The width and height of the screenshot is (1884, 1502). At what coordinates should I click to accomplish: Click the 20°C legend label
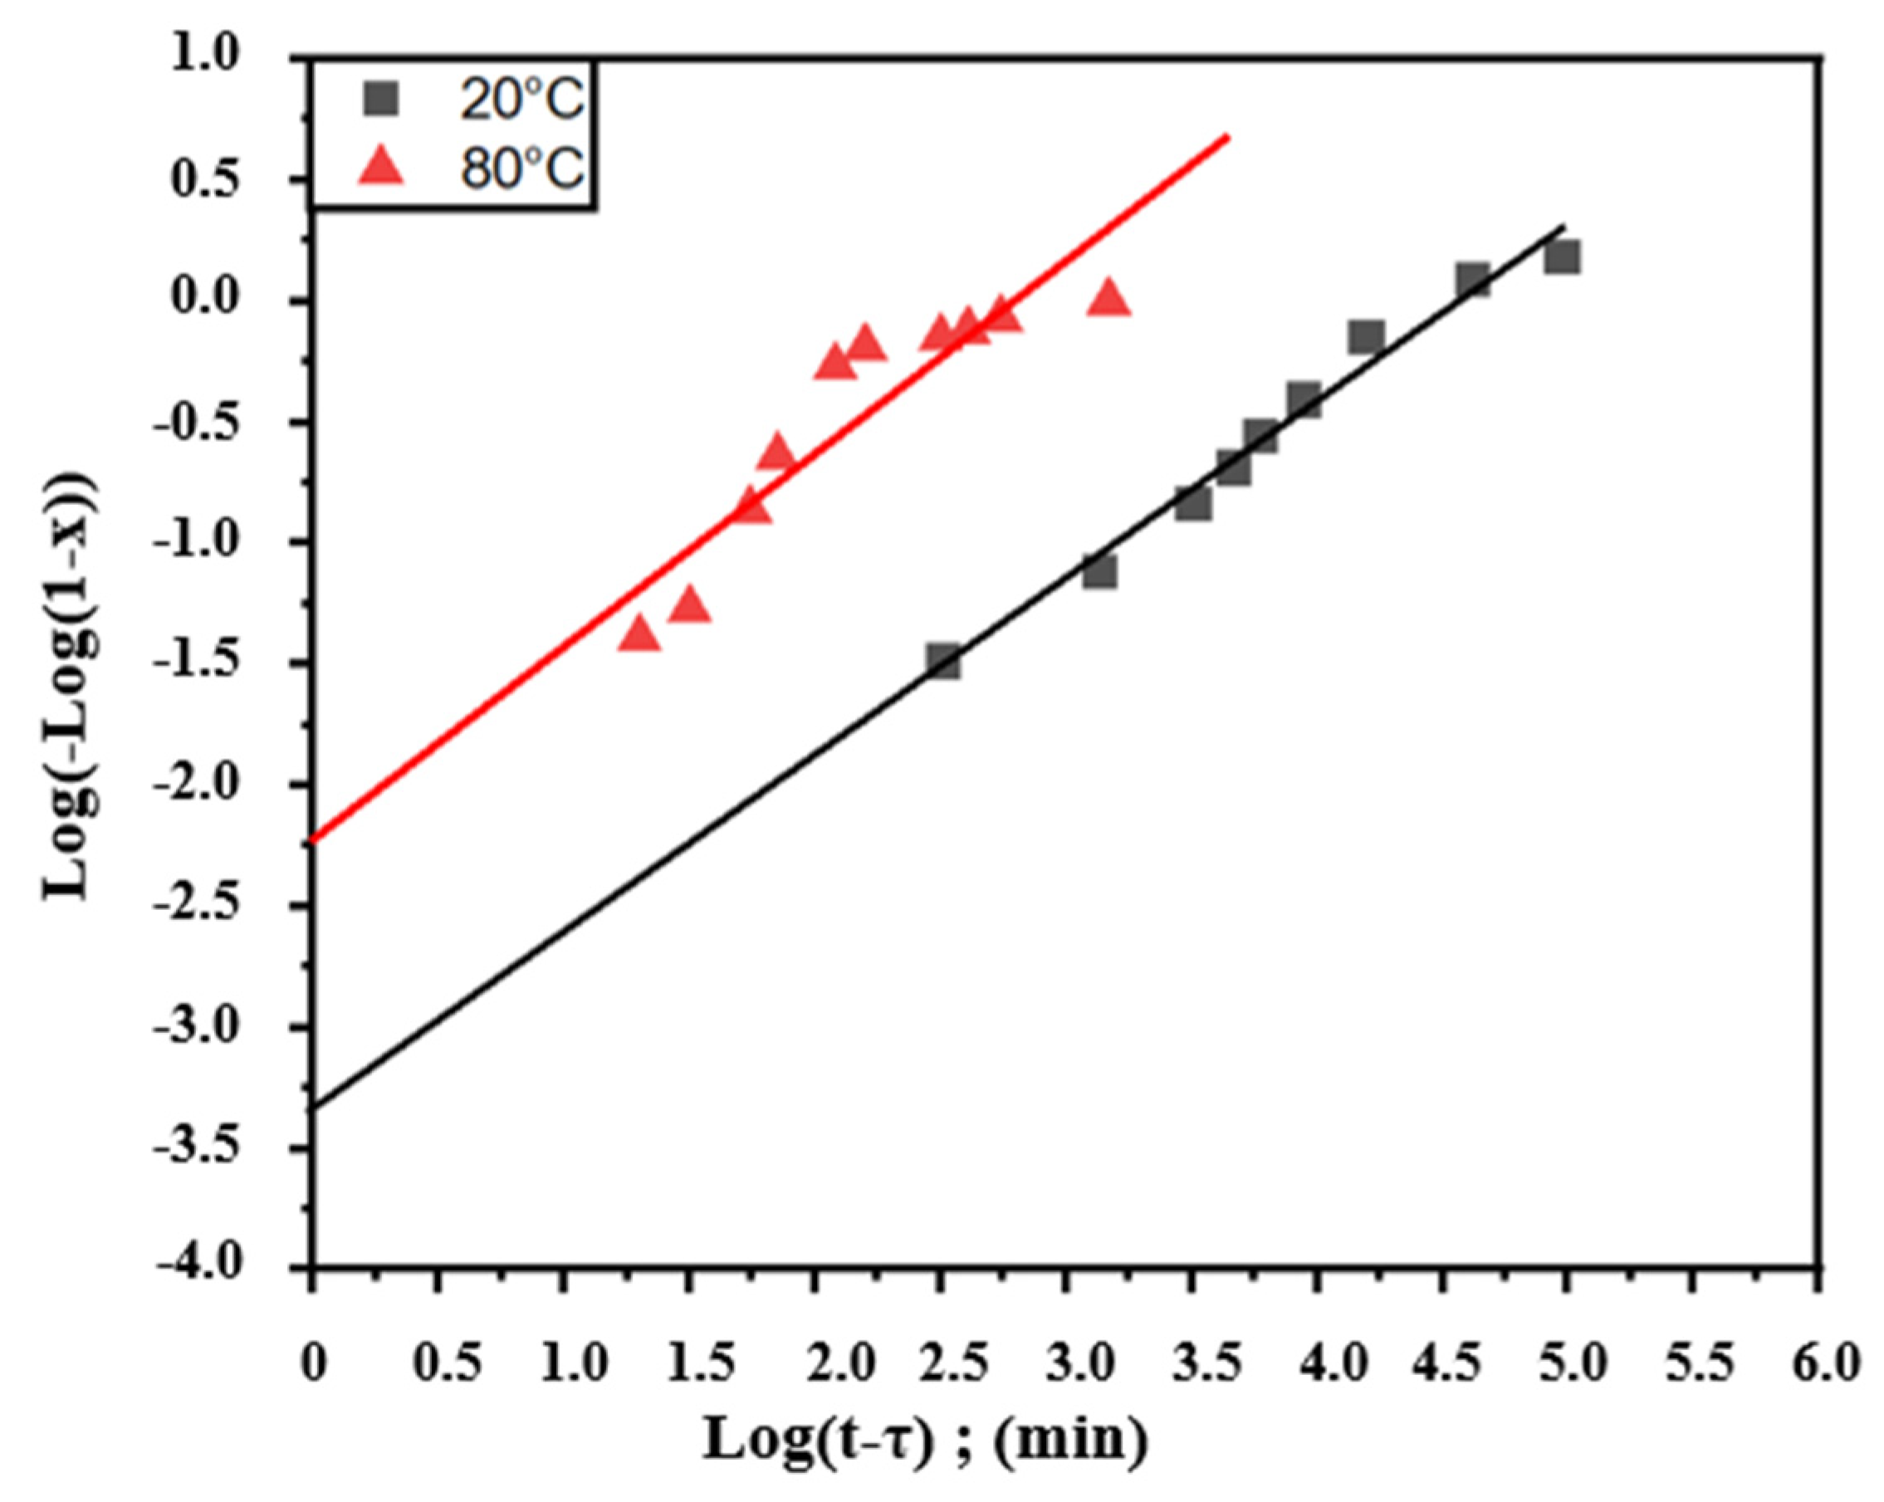[x=521, y=100]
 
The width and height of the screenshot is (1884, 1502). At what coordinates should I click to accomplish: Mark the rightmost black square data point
[x=1562, y=257]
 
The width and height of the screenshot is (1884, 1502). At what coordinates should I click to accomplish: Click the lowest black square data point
[x=944, y=661]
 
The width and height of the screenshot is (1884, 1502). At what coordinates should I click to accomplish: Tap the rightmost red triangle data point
[x=1109, y=298]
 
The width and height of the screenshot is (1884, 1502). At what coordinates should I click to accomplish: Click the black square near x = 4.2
[x=1366, y=336]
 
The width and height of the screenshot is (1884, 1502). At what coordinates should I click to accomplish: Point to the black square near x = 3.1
[x=1099, y=572]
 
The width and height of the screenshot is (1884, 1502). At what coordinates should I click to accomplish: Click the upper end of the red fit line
[x=1228, y=136]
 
